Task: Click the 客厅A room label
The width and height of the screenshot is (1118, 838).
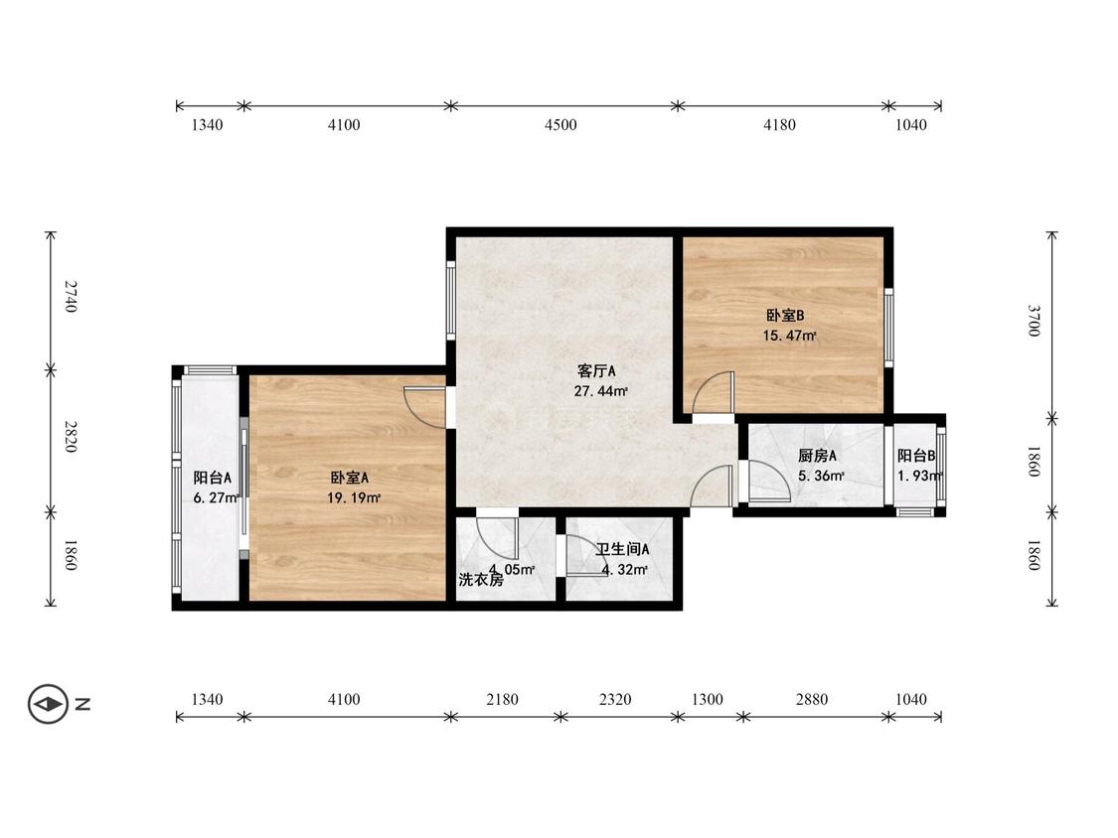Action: pos(596,371)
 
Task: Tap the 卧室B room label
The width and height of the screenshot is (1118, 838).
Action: pos(785,316)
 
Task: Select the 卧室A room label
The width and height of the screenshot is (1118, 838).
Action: pos(350,479)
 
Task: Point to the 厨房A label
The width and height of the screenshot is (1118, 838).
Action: pos(817,456)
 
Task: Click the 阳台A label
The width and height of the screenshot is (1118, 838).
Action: pos(213,479)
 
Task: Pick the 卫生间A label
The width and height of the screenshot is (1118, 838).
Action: pos(622,549)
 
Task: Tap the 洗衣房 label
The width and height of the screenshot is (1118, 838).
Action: pos(481,580)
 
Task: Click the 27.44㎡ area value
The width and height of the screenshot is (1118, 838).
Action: pos(601,391)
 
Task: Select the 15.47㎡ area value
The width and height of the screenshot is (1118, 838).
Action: pos(789,336)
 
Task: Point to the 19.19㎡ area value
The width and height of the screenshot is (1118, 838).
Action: pos(354,498)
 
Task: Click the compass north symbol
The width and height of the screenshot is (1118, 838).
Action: pos(49,705)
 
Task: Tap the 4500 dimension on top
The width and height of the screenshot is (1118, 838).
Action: pos(560,125)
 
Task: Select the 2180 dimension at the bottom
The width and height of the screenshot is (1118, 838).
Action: pos(502,700)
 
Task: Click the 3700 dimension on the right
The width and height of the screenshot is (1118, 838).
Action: pos(1034,321)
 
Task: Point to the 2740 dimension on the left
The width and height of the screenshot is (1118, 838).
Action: pos(71,297)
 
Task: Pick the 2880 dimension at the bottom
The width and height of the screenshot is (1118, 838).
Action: pos(811,700)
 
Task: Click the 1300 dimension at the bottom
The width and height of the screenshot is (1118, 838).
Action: pos(708,700)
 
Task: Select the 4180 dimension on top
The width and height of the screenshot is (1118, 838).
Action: pos(779,125)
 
